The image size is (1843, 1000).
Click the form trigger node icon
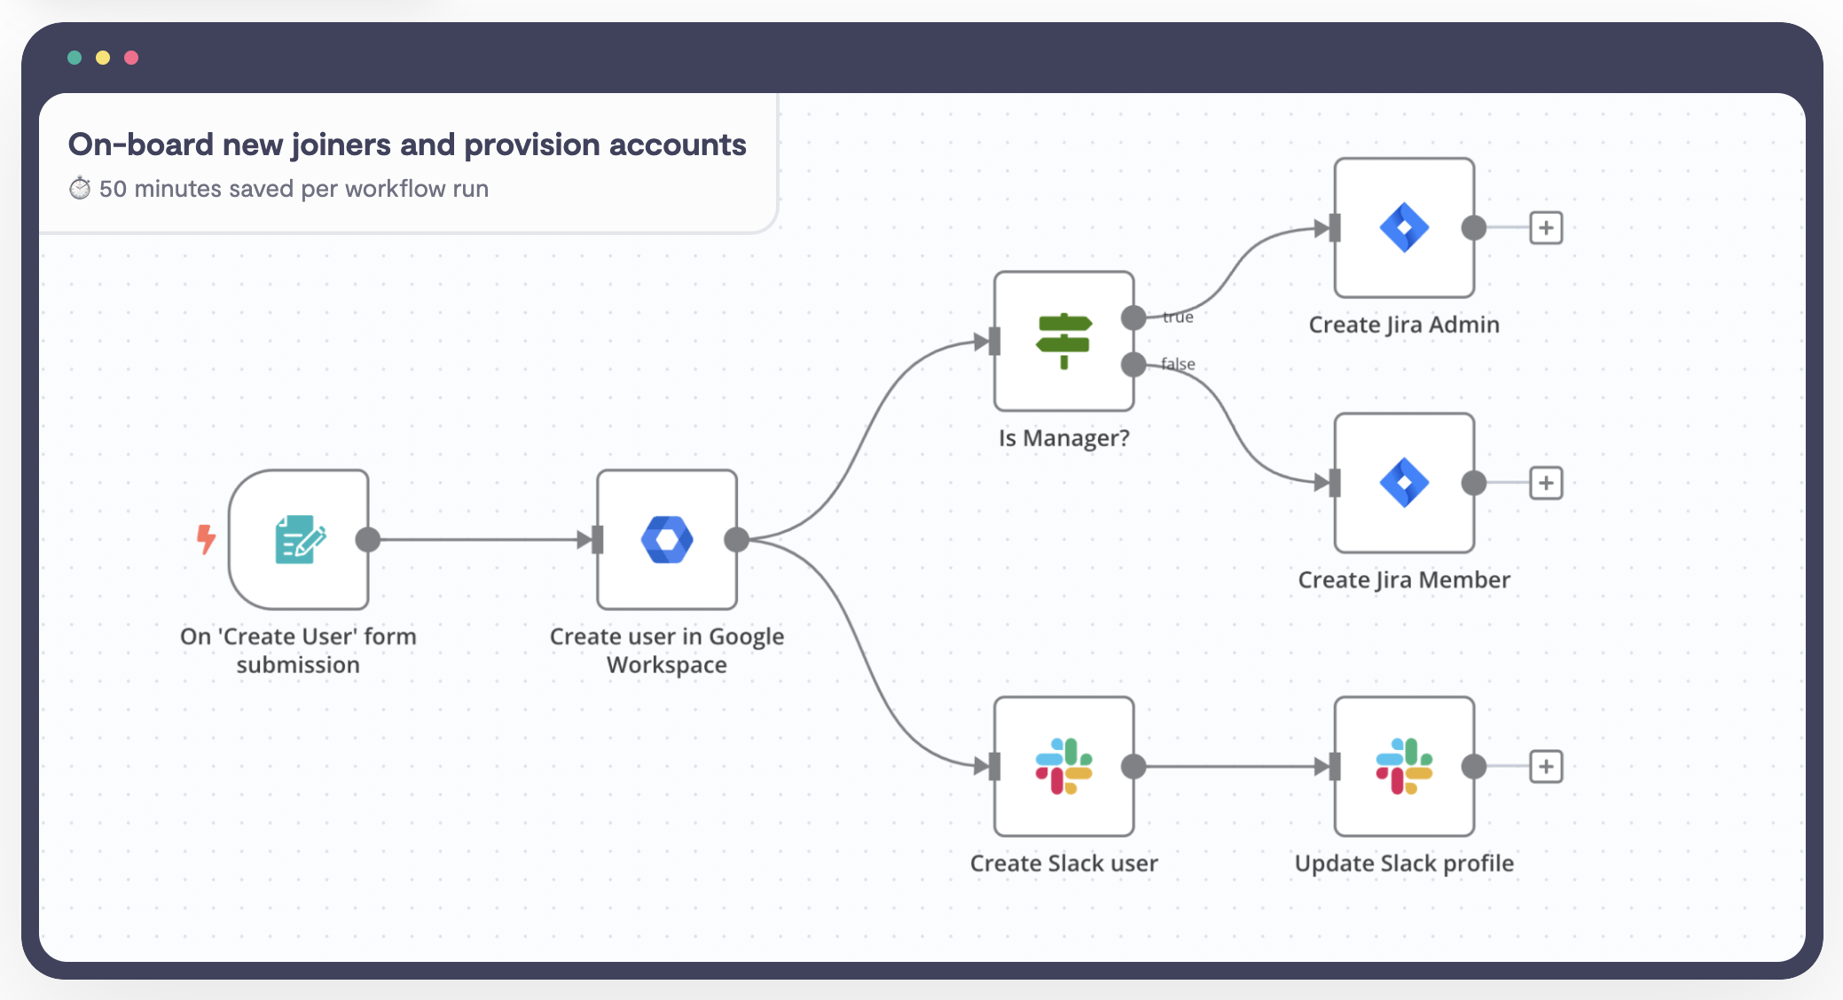coord(300,539)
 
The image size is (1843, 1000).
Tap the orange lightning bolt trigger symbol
coord(206,539)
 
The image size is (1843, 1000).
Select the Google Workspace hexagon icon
coord(667,539)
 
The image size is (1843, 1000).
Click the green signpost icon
coord(1063,340)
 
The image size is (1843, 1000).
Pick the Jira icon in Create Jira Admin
coord(1404,228)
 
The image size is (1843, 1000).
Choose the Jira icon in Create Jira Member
coord(1404,483)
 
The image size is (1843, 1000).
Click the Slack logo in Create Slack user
coord(1063,767)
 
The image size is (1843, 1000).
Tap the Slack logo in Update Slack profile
coord(1404,767)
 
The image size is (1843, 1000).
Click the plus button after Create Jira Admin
coord(1546,228)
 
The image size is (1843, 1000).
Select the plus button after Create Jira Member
coord(1546,483)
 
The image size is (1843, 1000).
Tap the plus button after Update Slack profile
coord(1546,767)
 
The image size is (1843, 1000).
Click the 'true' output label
coord(1178,316)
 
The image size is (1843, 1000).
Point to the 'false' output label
coord(1178,363)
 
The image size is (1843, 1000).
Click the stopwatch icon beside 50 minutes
coord(80,188)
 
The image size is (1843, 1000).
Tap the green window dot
coord(75,58)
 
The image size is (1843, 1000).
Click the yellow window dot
coord(103,58)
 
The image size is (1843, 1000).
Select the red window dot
coord(131,58)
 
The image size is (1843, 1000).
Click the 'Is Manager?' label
coord(1063,439)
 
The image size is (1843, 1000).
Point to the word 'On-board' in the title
coord(141,145)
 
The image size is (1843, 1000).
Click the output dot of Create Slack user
coord(1133,767)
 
